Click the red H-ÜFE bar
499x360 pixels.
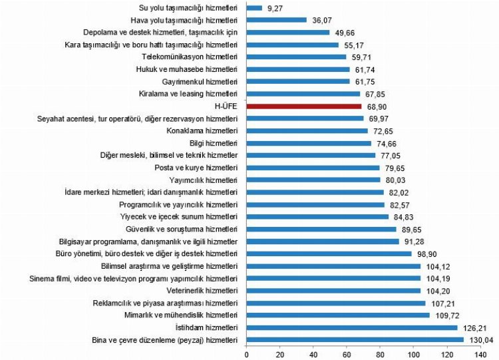pyautogui.click(x=304, y=106)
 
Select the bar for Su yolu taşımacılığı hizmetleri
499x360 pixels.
pyautogui.click(x=254, y=7)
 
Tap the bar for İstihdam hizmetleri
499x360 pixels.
pyautogui.click(x=352, y=327)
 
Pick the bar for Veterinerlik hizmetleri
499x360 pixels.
pyautogui.click(x=333, y=290)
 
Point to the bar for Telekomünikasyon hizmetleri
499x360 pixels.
pyautogui.click(x=296, y=57)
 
